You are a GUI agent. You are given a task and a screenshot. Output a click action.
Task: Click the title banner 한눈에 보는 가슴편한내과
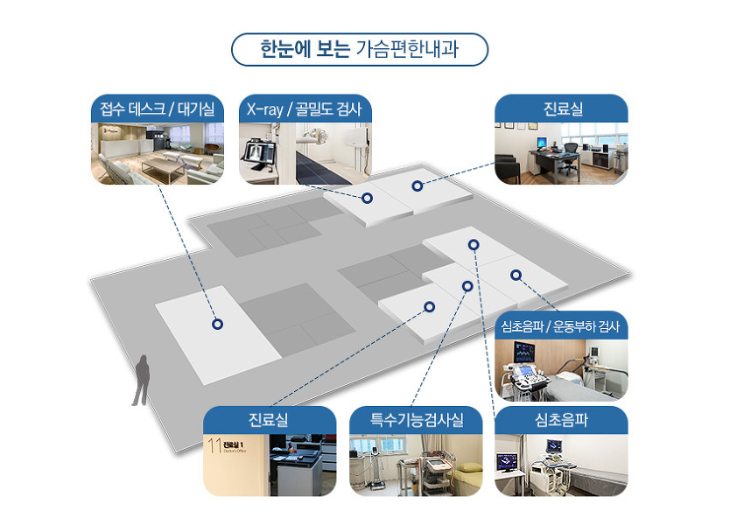[x=359, y=49]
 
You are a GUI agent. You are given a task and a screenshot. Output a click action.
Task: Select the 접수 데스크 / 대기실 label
[x=157, y=109]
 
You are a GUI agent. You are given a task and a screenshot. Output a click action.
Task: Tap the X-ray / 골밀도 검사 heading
[x=304, y=109]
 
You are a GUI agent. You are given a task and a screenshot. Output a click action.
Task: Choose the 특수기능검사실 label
[x=416, y=420]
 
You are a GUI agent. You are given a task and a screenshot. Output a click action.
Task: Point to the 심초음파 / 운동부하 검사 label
[x=561, y=326]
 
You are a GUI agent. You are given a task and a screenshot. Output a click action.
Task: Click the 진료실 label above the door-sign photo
[x=269, y=420]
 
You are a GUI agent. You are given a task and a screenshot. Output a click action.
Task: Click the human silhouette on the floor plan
[x=142, y=381]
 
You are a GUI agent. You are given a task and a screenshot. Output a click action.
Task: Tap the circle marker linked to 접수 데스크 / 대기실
[x=217, y=324]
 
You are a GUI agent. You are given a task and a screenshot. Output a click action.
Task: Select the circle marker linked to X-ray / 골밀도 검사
[x=367, y=199]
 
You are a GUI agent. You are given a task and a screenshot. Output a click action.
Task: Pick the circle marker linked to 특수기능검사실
[x=467, y=286]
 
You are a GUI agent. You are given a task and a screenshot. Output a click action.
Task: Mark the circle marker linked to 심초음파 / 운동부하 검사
[x=516, y=275]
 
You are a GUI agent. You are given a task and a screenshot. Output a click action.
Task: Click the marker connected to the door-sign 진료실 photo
[x=430, y=307]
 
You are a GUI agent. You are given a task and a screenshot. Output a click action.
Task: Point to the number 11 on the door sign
[x=215, y=444]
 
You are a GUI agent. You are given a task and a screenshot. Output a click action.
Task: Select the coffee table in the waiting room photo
[x=163, y=168]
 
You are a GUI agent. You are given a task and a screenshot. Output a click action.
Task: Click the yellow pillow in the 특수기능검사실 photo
[x=469, y=467]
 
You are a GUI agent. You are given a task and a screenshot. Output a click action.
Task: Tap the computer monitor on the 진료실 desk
[x=542, y=143]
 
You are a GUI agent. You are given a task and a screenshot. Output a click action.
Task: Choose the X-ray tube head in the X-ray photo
[x=313, y=136]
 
